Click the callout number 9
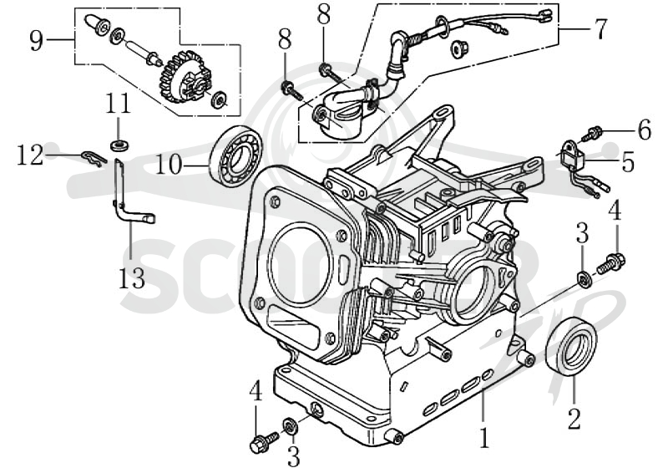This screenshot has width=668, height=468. (x=37, y=41)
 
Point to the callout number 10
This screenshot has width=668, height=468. (x=169, y=164)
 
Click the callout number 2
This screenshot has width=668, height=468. (x=574, y=418)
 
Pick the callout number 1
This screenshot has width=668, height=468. (x=483, y=437)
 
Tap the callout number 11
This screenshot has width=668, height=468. (x=118, y=104)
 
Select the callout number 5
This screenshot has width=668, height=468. (x=628, y=162)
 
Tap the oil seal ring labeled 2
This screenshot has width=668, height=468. (x=571, y=348)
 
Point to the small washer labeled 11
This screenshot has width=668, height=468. (x=119, y=145)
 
